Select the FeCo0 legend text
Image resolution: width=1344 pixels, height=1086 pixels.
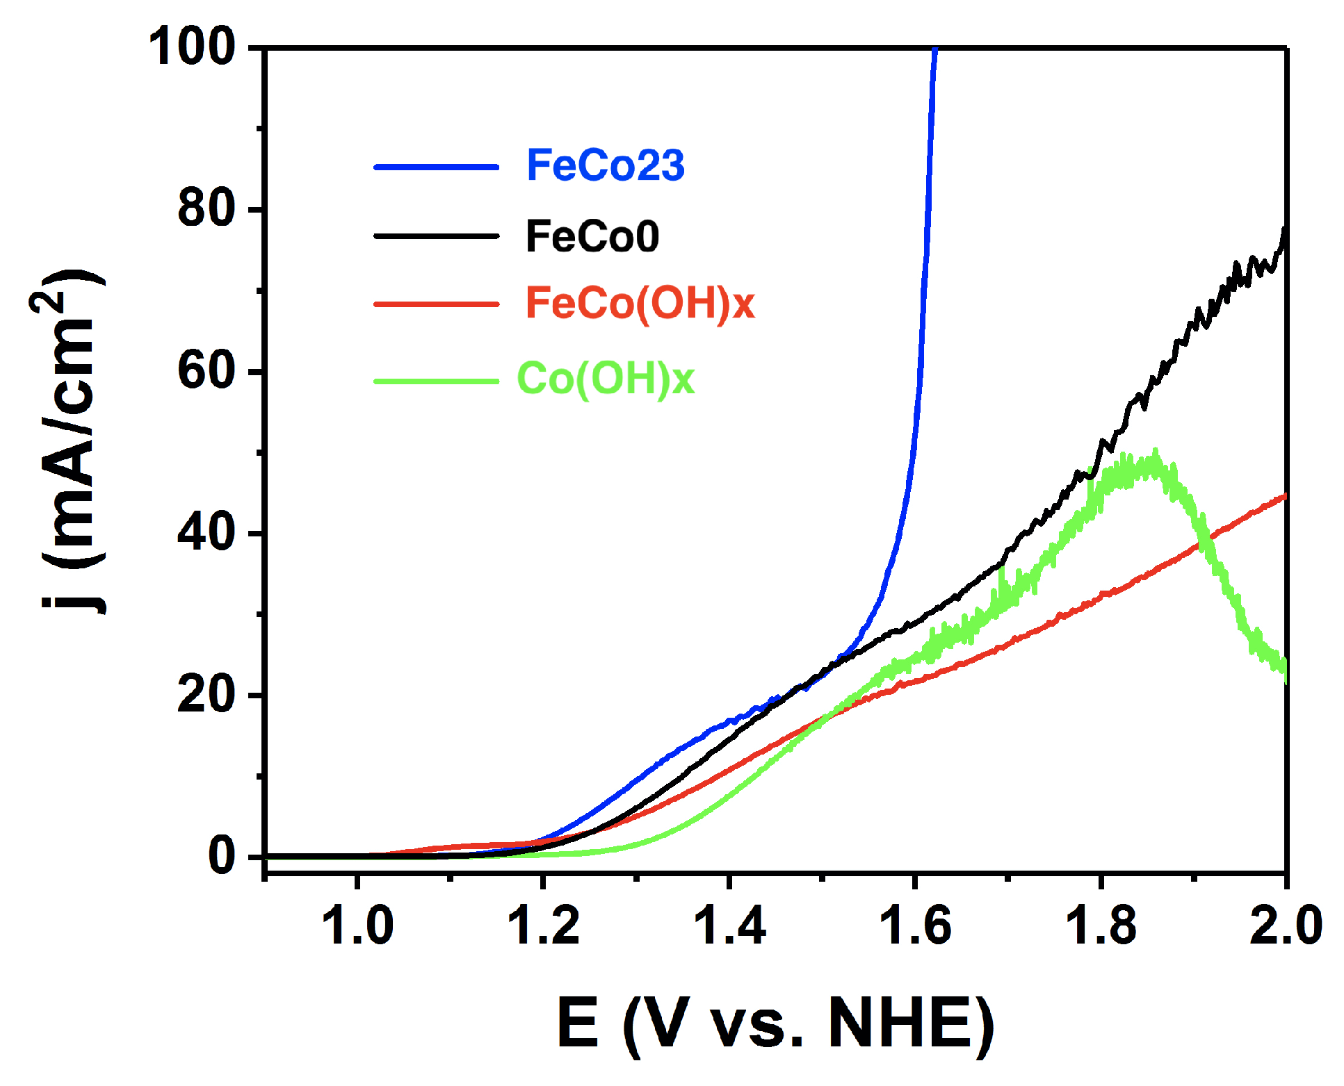(x=592, y=236)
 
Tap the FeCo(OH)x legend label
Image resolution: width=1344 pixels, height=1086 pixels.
(x=640, y=304)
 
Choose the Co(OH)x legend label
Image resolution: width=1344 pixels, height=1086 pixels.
(x=605, y=379)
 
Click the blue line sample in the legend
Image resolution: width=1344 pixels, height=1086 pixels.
(x=436, y=167)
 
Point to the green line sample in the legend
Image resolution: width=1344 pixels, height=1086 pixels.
(x=436, y=381)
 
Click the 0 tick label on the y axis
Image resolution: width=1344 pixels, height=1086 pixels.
(x=222, y=856)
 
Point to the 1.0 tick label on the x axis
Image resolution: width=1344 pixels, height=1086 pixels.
(x=357, y=926)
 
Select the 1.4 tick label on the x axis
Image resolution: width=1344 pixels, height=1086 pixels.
(x=729, y=926)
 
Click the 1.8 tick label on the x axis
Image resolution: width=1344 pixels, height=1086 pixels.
(x=1101, y=926)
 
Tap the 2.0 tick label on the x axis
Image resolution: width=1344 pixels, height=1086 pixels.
(x=1285, y=926)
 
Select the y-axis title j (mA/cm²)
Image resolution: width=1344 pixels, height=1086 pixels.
(x=70, y=445)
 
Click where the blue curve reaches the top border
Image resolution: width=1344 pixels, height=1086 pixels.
(x=934, y=49)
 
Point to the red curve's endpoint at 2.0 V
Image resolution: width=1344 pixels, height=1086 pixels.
(x=1285, y=495)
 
